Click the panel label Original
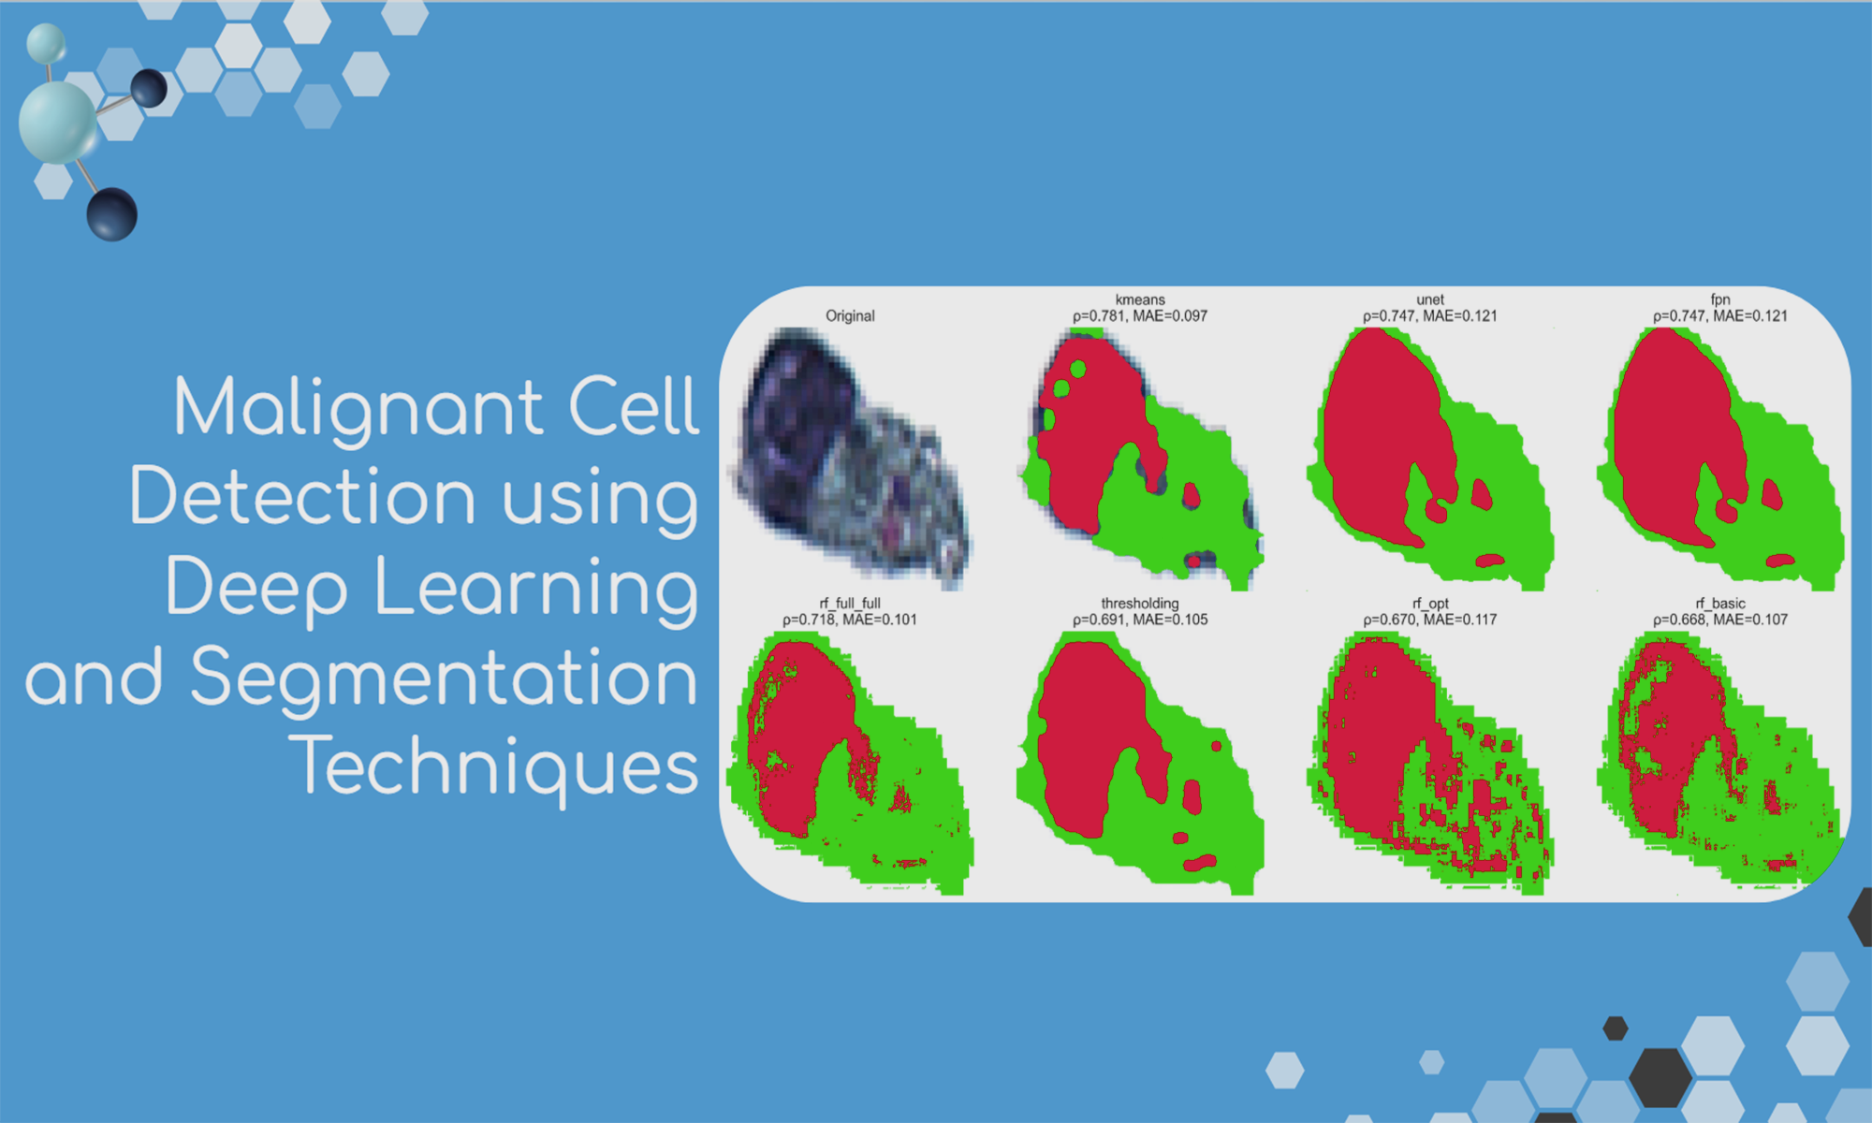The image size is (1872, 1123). tap(850, 316)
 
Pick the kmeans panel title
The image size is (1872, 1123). tap(1140, 299)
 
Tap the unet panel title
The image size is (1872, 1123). tap(1430, 299)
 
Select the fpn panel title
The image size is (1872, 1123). tap(1720, 299)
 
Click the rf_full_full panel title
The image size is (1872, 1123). tap(850, 604)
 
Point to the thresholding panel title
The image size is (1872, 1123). tap(1140, 604)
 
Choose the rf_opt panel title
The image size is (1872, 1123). tap(1430, 604)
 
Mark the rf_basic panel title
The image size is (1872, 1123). tap(1720, 604)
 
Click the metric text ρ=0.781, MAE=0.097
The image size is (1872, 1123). tap(1140, 316)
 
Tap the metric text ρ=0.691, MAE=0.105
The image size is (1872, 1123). tap(1140, 620)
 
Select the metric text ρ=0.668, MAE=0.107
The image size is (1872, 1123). tap(1720, 620)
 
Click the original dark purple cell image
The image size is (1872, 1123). tap(852, 459)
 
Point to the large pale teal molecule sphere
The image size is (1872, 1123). tap(58, 123)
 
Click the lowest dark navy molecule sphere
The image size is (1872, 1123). tap(112, 214)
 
